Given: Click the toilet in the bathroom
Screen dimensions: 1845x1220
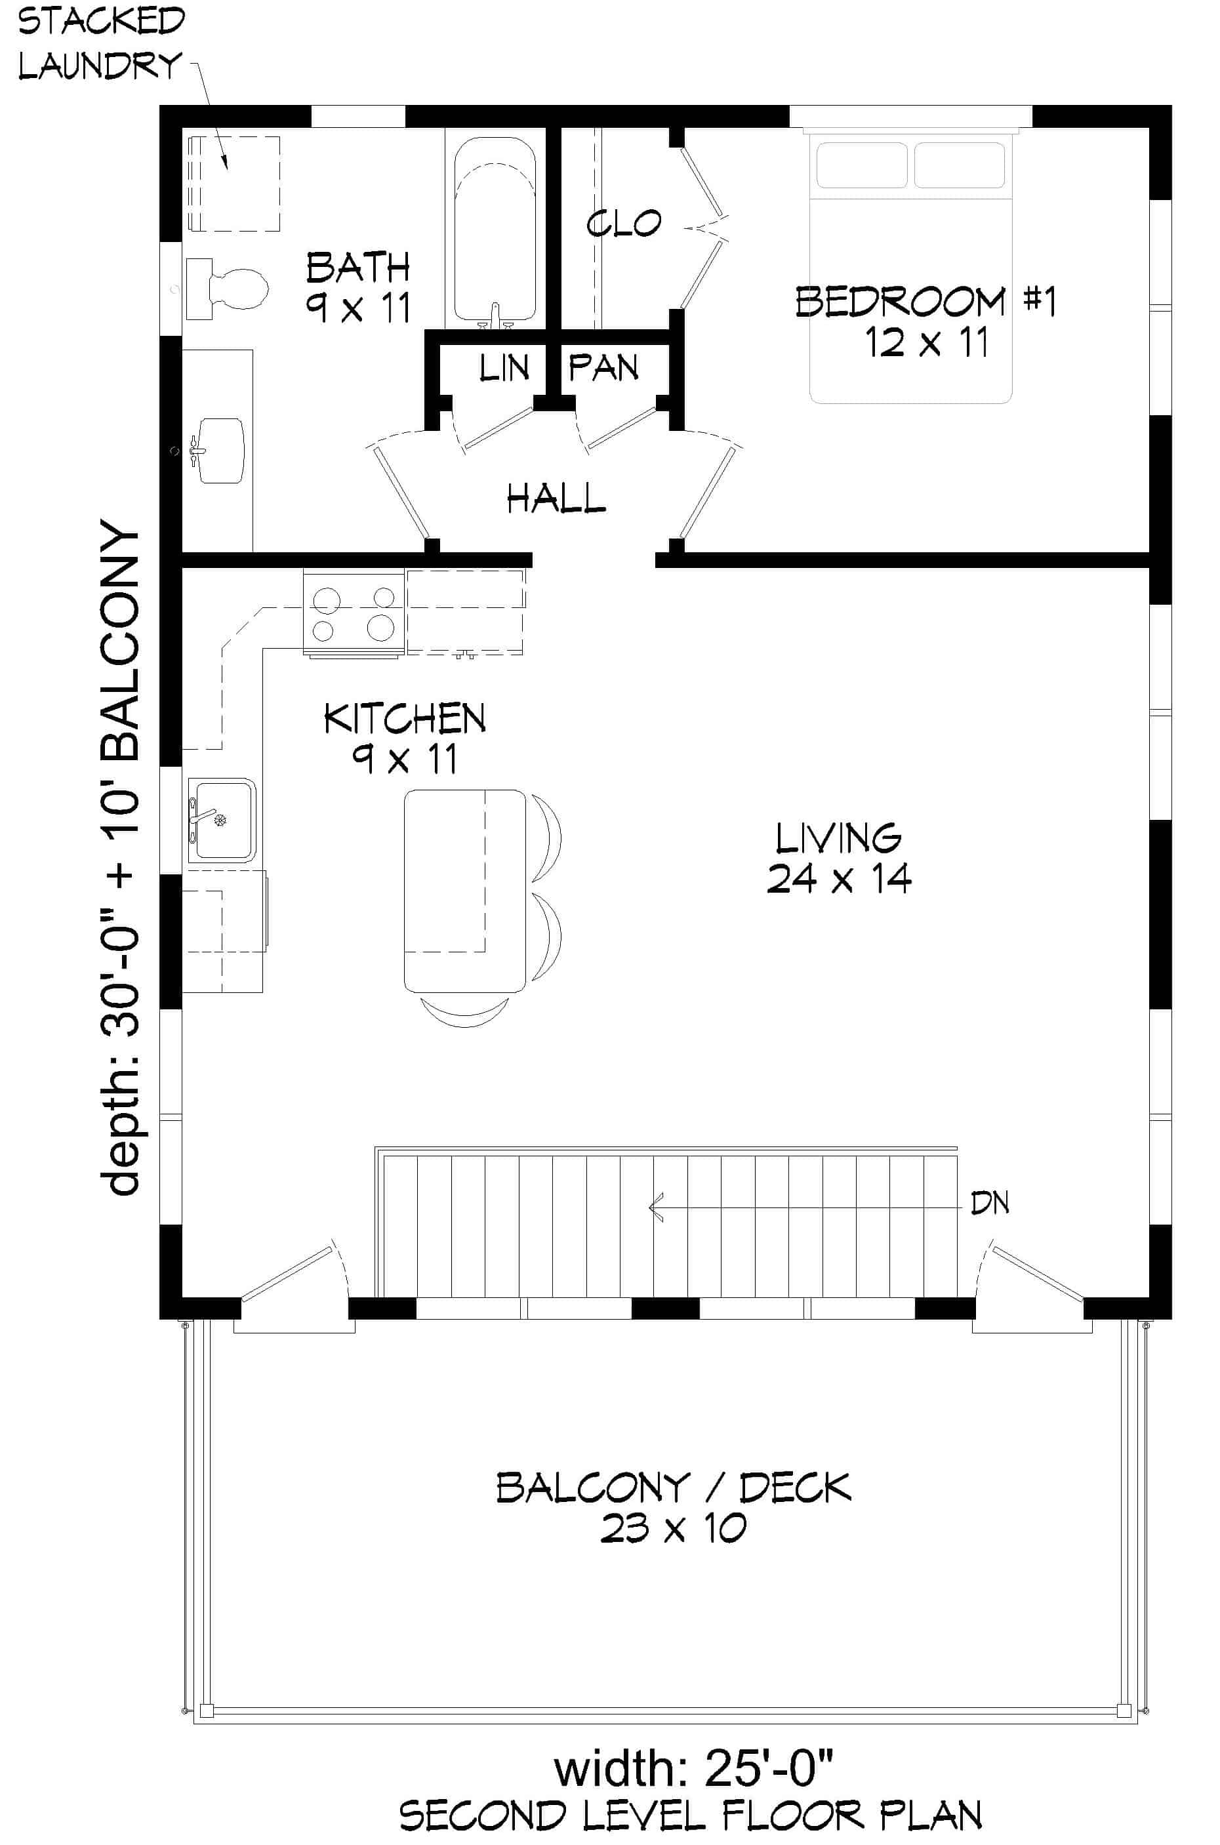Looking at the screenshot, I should pyautogui.click(x=230, y=289).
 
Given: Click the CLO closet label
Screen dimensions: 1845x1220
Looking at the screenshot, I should pyautogui.click(x=623, y=224).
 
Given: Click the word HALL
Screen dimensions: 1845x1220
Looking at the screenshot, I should pyautogui.click(x=556, y=498).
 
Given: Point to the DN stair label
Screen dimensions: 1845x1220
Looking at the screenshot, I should pyautogui.click(x=990, y=1204).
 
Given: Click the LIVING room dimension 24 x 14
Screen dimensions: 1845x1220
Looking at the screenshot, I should pyautogui.click(x=839, y=879).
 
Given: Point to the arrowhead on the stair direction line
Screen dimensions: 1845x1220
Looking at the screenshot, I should pyautogui.click(x=655, y=1207).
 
